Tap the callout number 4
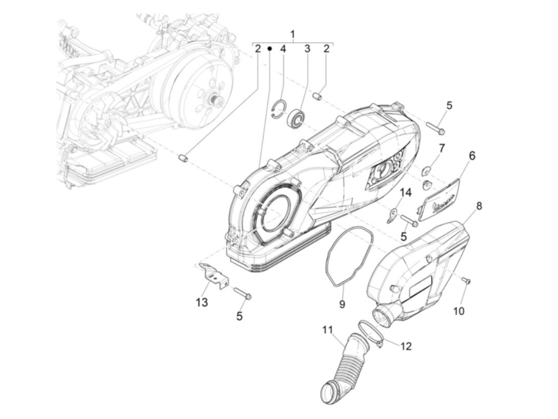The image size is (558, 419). [x=283, y=49]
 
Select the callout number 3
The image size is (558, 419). [x=307, y=49]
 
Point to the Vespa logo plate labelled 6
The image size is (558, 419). [x=440, y=199]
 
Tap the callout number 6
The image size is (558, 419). [x=472, y=155]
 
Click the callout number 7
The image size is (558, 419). [x=441, y=149]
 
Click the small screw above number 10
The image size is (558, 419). [x=467, y=281]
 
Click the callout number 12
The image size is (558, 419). [x=406, y=346]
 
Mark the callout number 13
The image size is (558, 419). [x=202, y=302]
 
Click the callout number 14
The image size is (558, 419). [x=405, y=193]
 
